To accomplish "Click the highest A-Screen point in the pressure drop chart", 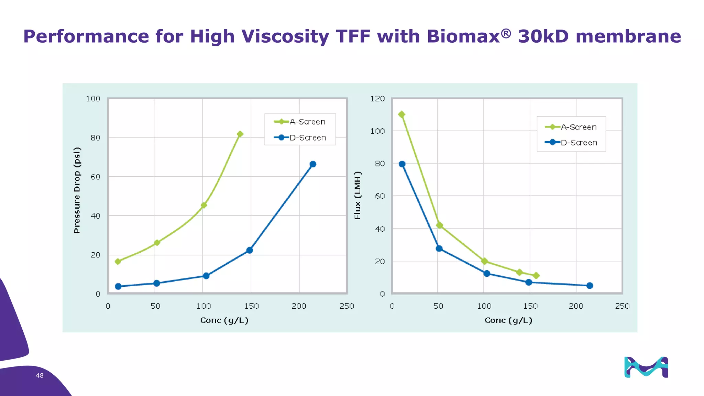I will [x=240, y=134].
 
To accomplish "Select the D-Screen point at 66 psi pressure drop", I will [x=313, y=164].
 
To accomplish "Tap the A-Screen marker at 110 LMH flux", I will [x=401, y=114].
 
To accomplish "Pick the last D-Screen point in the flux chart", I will [x=590, y=286].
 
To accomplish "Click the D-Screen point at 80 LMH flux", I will [x=402, y=164].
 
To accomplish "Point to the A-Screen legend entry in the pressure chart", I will [x=300, y=122].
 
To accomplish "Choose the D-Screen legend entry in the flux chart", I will [x=571, y=143].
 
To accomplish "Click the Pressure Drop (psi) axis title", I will [x=77, y=190].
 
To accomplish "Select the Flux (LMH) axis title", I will [x=357, y=195].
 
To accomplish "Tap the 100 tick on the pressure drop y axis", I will [x=93, y=99].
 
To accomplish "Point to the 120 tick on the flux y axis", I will [x=377, y=99].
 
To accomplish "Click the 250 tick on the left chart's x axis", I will [x=346, y=306].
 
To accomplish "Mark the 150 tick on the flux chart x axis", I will [x=530, y=306].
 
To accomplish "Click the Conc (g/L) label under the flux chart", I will [x=508, y=320].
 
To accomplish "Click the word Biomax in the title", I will [x=463, y=36].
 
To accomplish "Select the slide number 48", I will [x=40, y=376].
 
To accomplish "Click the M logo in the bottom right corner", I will [x=646, y=367].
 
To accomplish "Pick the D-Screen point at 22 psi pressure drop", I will [x=250, y=250].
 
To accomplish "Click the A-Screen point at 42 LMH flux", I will [x=439, y=225].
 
